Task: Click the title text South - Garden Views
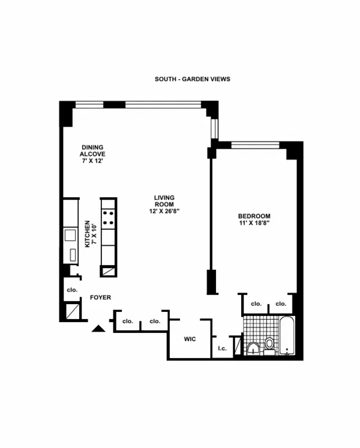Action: coord(192,79)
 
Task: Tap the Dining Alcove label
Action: coord(93,150)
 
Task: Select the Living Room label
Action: coord(164,198)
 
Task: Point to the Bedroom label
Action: coord(254,216)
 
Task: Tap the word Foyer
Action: coord(100,297)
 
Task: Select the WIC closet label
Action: coord(190,339)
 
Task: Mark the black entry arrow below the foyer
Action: coord(98,327)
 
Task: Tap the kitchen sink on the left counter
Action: coord(70,234)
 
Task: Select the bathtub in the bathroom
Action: coord(287,336)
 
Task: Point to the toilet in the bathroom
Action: coord(269,344)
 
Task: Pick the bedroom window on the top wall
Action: coord(255,144)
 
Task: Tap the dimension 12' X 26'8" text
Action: coord(164,211)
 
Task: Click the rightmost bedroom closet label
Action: coord(280,304)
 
